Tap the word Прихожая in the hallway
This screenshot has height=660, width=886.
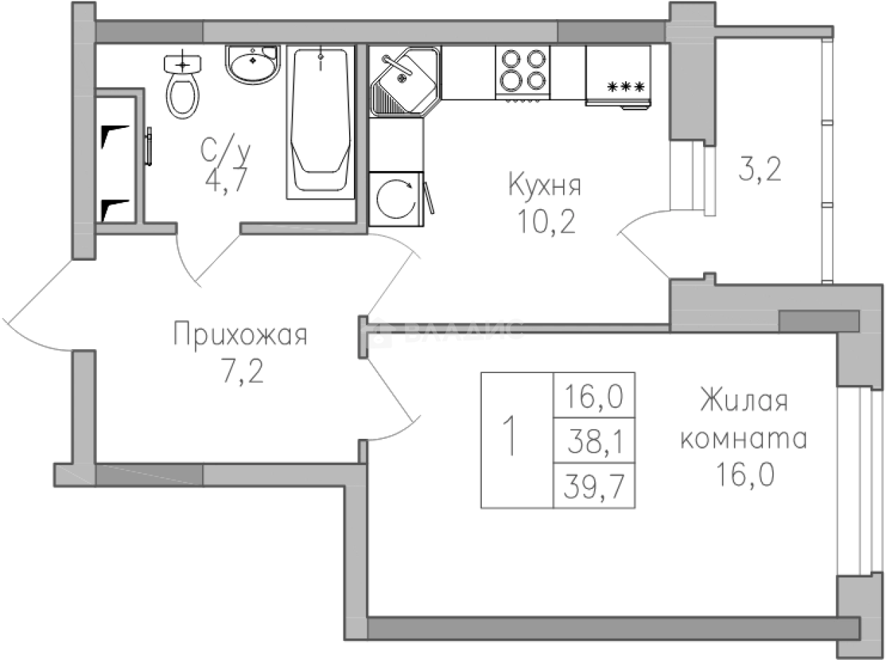(240, 336)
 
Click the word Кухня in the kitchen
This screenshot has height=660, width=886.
(545, 187)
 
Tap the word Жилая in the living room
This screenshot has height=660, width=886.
(743, 401)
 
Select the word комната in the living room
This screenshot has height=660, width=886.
(743, 442)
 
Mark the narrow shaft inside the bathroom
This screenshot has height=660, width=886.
(115, 161)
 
